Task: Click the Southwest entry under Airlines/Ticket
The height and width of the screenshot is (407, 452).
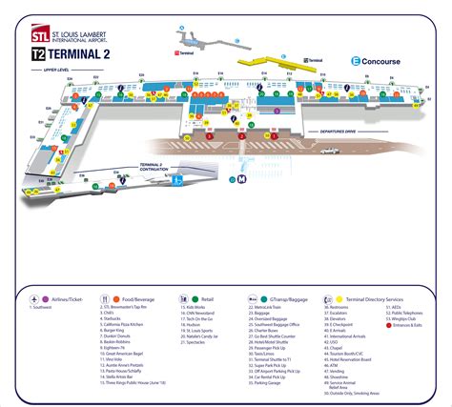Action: coord(41,308)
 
